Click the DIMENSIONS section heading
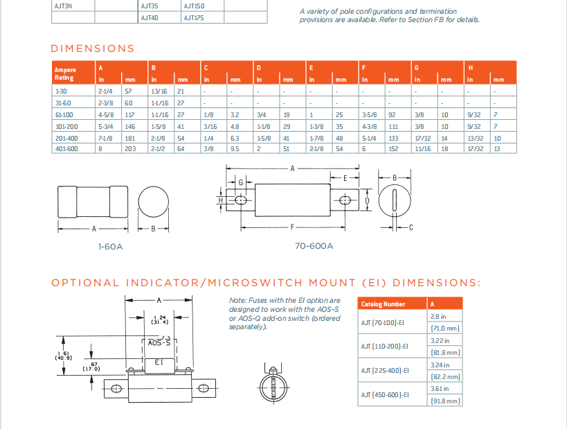93,49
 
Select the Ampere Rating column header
66,73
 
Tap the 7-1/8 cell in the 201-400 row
105,138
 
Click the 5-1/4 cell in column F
368,138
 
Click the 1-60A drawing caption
111,245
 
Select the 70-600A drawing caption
314,245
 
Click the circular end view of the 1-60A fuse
153,202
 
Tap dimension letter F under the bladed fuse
292,227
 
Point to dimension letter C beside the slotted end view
411,227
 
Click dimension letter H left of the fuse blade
220,200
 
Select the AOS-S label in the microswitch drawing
159,342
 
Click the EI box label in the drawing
159,362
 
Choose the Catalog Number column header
382,304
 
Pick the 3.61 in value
440,389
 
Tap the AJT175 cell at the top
193,17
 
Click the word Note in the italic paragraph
237,300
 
